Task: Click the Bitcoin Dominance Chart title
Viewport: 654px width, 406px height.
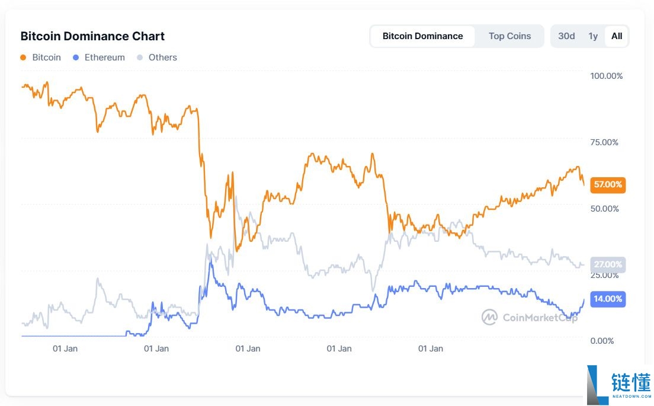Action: point(92,36)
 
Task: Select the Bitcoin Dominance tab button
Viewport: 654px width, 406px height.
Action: point(422,36)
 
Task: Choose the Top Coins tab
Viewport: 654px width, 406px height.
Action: point(509,36)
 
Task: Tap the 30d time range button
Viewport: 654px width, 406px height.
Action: point(566,36)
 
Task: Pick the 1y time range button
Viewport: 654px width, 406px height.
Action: point(593,36)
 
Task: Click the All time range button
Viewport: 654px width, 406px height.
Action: point(617,36)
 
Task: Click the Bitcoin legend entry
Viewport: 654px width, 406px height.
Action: point(41,57)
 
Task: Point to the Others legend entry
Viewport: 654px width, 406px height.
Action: point(157,57)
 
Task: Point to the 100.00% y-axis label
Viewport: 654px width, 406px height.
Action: point(606,76)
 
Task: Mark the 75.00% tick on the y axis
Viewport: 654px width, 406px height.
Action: point(604,142)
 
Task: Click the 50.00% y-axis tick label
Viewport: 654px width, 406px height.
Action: point(604,209)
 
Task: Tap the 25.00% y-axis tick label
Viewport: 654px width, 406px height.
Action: point(604,275)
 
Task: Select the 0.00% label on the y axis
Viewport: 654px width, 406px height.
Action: point(601,341)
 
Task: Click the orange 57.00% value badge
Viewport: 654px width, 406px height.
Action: point(608,185)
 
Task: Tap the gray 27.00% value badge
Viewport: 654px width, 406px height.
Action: point(608,264)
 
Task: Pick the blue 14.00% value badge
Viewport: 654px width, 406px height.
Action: point(608,299)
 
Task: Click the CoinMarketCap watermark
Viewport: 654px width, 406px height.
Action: point(529,317)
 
